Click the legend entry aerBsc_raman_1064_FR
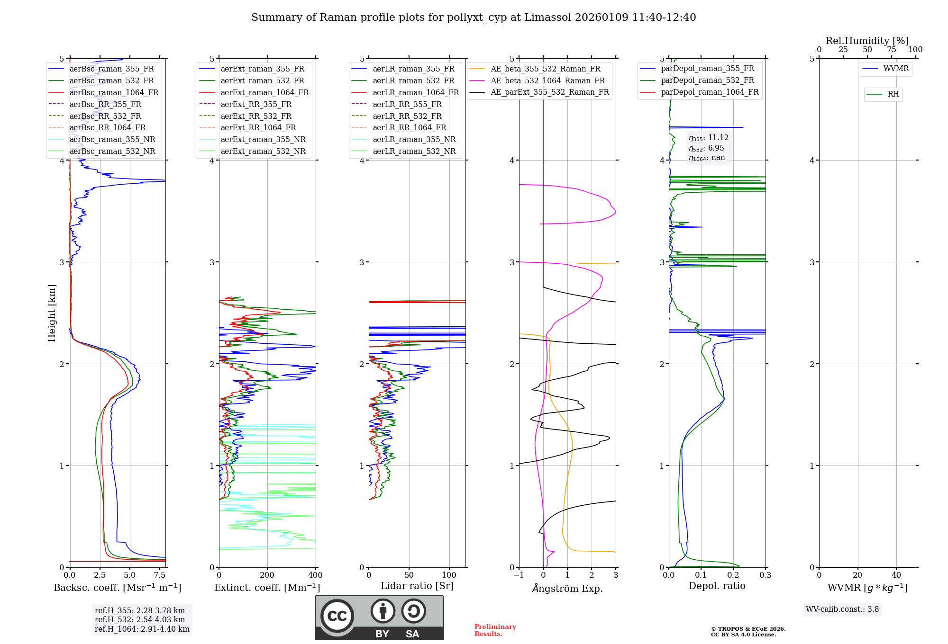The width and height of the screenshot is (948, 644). point(114,92)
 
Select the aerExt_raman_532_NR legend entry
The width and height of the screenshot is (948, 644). point(263,151)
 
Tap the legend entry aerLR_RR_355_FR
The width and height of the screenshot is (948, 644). point(407,104)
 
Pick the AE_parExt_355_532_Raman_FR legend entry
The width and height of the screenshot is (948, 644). point(549,92)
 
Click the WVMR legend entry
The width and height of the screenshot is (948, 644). point(896,69)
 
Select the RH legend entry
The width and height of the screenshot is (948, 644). point(893,94)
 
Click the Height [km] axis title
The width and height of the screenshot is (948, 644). point(52,313)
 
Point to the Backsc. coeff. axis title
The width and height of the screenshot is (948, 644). point(117,588)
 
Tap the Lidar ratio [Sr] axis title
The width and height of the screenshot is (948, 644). point(417,586)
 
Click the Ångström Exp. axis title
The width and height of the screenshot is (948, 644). point(567,588)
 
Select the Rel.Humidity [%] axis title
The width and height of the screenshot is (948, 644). point(867,41)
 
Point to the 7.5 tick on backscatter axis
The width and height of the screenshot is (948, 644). point(160,575)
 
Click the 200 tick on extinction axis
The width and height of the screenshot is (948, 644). point(267,575)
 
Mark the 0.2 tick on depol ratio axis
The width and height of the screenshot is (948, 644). point(733,575)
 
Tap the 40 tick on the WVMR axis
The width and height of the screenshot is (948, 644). point(896,575)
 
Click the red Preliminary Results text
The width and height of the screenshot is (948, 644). point(495,630)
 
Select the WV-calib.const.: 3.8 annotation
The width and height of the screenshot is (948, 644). point(842,609)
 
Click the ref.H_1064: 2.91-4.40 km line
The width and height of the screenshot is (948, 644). point(142,629)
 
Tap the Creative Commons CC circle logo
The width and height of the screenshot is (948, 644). point(337,616)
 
